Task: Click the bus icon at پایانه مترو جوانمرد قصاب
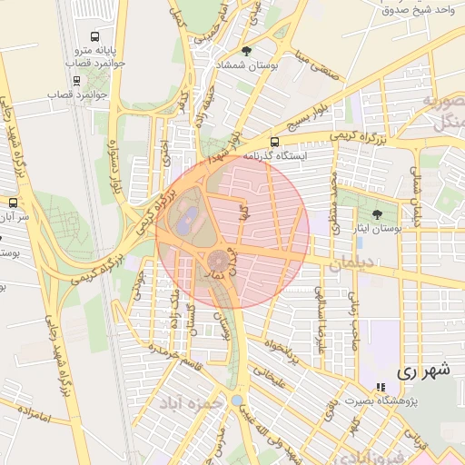coord(72,65)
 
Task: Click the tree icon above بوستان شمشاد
coord(247,50)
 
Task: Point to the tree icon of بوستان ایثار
coord(377,214)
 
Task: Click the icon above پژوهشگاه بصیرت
coord(381,387)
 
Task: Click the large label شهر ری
coord(422,371)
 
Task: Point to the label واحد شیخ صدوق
coord(419,9)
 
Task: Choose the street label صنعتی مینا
coord(316,69)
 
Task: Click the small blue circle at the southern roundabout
coord(237,400)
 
